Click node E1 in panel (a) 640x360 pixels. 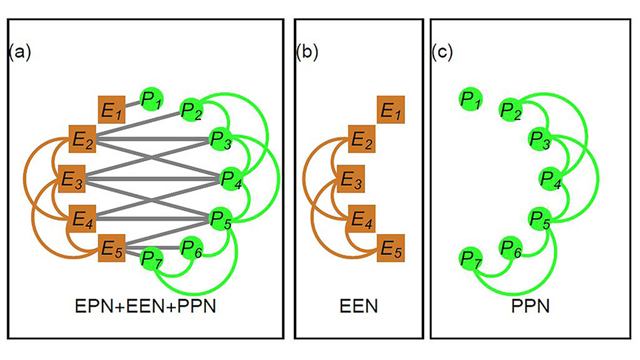111,109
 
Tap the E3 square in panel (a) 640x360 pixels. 71,178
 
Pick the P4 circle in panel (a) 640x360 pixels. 229,178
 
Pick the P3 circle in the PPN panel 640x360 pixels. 539,139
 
